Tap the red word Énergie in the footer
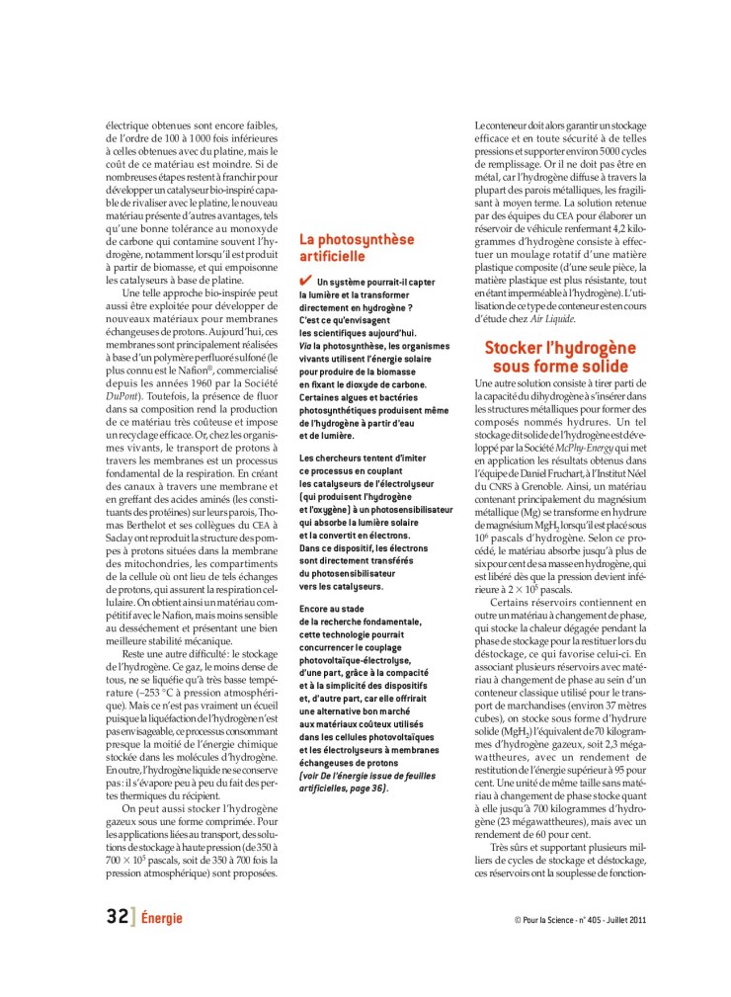(162, 918)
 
